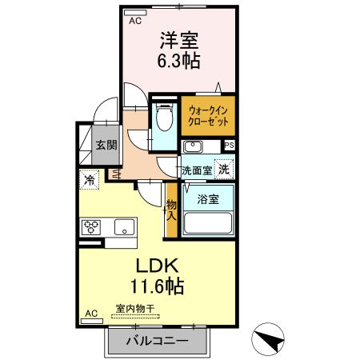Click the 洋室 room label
pos(180,39)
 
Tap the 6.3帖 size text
pos(180,60)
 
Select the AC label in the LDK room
pos(90,313)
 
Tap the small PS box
pos(230,146)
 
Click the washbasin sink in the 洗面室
pos(193,147)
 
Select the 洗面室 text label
pos(196,170)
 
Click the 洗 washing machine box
pos(226,169)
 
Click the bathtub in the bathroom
pos(208,223)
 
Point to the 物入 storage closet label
pos(171,211)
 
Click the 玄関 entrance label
pos(106,146)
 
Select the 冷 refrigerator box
pos(89,181)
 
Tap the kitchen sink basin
pos(126,227)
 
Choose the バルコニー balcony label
pos(157,342)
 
